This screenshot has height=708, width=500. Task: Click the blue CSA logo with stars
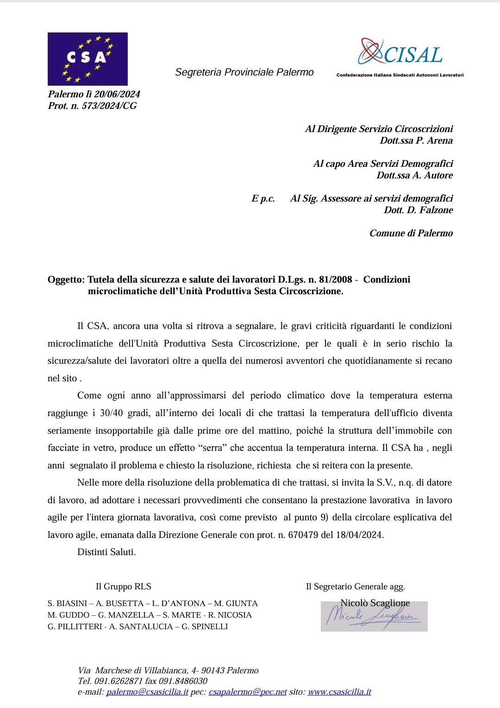point(87,59)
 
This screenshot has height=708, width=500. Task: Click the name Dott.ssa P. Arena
point(416,141)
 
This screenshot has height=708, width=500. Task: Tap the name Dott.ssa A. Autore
point(414,176)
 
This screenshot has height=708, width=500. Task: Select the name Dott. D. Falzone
point(418,210)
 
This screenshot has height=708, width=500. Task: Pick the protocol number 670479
point(303,535)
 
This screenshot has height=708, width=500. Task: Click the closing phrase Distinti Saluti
point(106,552)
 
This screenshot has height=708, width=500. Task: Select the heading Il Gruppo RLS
point(123,587)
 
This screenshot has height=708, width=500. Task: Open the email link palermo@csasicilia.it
point(147,692)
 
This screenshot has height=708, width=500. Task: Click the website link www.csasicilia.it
point(339,692)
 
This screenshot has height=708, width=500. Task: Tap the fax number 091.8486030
point(182,681)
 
